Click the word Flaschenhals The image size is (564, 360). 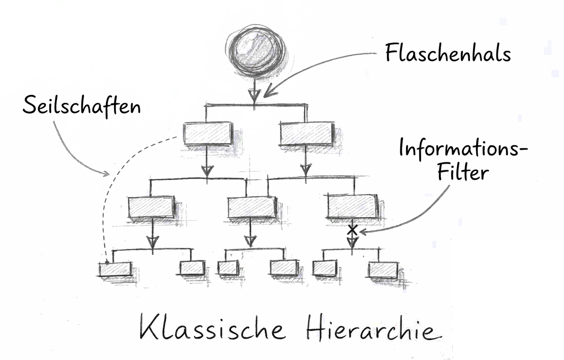pyautogui.click(x=448, y=53)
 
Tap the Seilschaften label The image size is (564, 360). pyautogui.click(x=82, y=107)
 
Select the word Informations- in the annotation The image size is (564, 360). pyautogui.click(x=463, y=149)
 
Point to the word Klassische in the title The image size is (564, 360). pyautogui.click(x=212, y=328)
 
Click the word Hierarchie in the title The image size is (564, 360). pyautogui.click(x=371, y=329)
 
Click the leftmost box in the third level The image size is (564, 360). pyautogui.click(x=151, y=207)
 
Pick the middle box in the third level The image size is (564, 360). pyautogui.click(x=251, y=207)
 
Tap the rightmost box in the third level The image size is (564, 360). pyautogui.click(x=352, y=207)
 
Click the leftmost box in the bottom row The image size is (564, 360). pyautogui.click(x=115, y=269)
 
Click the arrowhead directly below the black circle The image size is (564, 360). pyautogui.click(x=254, y=94)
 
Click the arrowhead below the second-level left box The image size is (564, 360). pyautogui.click(x=207, y=170)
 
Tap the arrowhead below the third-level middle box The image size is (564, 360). pyautogui.click(x=250, y=240)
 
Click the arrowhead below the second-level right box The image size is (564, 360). pyautogui.click(x=305, y=169)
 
